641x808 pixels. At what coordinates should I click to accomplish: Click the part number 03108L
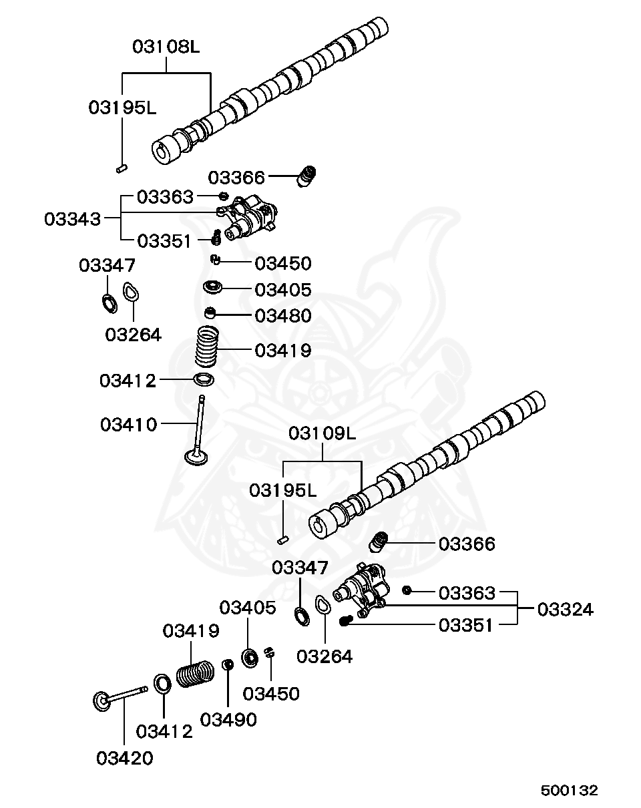(166, 47)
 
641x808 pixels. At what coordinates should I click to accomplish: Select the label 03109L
(323, 433)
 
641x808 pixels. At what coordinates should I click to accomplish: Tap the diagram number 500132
(569, 790)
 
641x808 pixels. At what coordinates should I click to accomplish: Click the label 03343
(73, 219)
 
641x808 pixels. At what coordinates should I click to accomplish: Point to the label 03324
(565, 609)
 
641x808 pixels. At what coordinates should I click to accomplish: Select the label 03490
(228, 719)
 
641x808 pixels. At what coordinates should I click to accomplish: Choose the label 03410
(129, 424)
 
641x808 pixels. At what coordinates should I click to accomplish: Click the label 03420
(124, 759)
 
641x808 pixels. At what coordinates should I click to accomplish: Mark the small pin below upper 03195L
(122, 168)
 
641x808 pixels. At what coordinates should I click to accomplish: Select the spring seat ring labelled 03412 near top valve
(204, 381)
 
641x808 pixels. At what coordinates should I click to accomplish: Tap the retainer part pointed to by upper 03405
(213, 288)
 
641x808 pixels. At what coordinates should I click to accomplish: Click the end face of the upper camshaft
(162, 153)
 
